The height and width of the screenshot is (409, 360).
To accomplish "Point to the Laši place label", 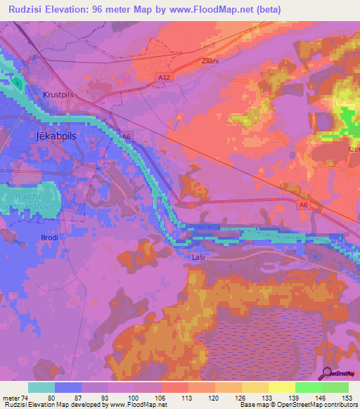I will (199, 257).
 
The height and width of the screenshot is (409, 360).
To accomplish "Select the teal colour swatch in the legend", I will (41, 387).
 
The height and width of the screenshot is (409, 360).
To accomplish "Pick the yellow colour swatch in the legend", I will (282, 387).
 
